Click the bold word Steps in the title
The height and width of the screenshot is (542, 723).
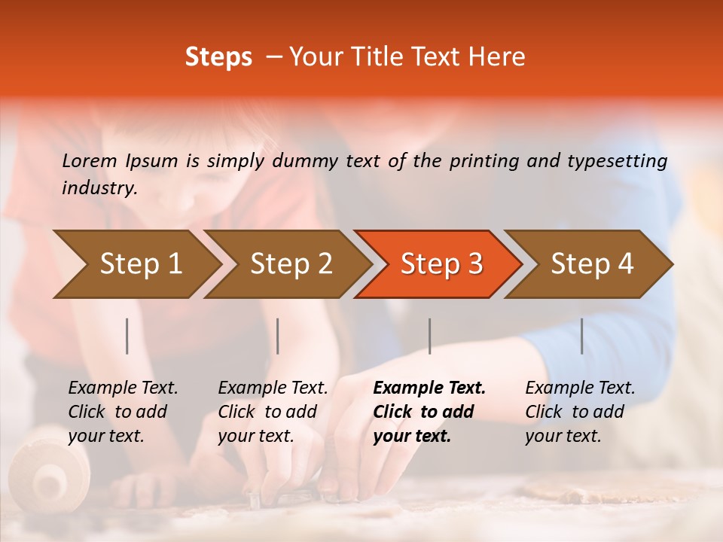[218, 57]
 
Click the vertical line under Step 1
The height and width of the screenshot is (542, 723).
[127, 336]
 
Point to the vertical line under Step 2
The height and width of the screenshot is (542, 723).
[278, 336]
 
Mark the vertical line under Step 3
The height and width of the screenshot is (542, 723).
[429, 336]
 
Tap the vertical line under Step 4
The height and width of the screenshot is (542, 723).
[581, 336]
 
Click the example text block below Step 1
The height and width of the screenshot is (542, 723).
[123, 412]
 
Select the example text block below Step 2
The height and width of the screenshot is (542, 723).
[273, 412]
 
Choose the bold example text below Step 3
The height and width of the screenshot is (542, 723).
[429, 412]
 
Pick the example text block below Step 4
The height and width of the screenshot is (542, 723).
[580, 412]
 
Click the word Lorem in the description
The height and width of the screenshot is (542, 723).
[90, 161]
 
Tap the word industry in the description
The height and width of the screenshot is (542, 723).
[99, 188]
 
